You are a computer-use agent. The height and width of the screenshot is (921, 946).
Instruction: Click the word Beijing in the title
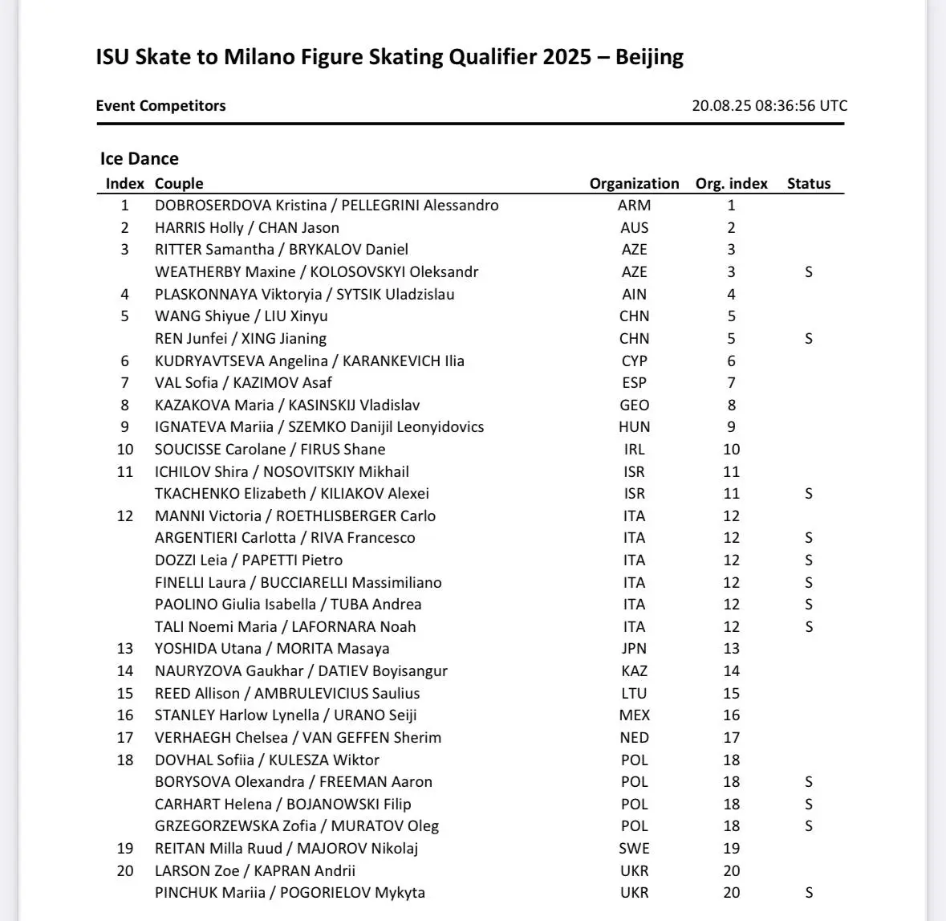(649, 58)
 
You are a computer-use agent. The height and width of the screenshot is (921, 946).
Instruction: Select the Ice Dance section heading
(139, 158)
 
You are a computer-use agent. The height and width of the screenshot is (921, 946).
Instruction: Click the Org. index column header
(731, 183)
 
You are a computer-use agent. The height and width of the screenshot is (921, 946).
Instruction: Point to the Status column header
(808, 183)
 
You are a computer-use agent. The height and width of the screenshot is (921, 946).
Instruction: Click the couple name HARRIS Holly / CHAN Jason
(246, 228)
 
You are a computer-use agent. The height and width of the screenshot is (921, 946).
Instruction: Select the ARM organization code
(634, 206)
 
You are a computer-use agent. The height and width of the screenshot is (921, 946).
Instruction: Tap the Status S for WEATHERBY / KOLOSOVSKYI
(809, 272)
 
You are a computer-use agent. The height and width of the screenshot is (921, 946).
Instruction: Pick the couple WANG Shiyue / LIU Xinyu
(241, 316)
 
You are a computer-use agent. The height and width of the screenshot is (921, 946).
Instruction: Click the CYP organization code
(634, 361)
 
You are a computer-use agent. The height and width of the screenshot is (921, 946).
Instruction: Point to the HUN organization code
(634, 427)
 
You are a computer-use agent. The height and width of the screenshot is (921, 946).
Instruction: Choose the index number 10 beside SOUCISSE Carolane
(125, 450)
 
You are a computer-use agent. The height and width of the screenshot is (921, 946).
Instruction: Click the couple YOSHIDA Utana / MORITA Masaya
(272, 649)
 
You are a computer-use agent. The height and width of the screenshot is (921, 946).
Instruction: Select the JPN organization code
(634, 649)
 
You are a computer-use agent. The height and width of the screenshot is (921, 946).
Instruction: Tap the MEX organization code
(634, 715)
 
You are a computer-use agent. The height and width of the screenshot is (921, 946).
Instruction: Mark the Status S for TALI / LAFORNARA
(809, 627)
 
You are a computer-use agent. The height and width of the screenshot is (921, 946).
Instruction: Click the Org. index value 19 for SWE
(731, 849)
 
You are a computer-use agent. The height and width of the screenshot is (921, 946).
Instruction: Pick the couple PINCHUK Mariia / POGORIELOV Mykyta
(290, 893)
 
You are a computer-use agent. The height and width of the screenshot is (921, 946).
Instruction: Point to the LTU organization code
(634, 694)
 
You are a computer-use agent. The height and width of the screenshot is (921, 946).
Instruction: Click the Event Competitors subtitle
(160, 105)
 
